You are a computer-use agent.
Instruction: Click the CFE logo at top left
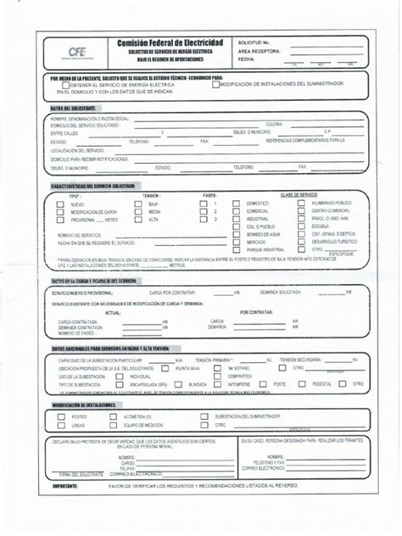tap(77, 53)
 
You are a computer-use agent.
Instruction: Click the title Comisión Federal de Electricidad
tap(170, 42)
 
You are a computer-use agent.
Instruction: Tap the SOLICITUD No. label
tap(254, 42)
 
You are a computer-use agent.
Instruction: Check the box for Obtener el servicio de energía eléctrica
tap(64, 84)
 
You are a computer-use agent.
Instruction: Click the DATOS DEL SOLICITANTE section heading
tap(73, 109)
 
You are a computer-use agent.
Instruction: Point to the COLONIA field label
tap(273, 124)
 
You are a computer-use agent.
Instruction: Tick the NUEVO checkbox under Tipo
tap(60, 204)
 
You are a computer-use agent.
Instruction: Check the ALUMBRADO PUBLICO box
tap(302, 204)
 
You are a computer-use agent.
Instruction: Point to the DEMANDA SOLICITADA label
tap(282, 292)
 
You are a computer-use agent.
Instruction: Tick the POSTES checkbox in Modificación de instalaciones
tap(62, 416)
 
